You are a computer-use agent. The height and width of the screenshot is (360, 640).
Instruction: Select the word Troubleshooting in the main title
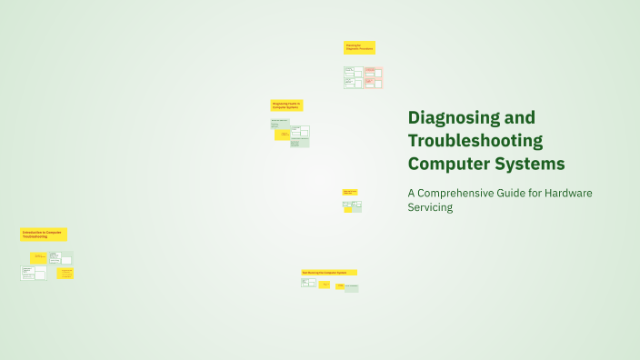click(475, 141)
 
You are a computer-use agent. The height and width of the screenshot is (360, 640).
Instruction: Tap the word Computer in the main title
click(445, 164)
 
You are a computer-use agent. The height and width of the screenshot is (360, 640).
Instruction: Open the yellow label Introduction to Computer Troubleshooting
click(44, 235)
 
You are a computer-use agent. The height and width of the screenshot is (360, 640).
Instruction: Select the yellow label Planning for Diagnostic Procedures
click(359, 47)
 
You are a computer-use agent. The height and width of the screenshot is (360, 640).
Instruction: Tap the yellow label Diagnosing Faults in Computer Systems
click(286, 105)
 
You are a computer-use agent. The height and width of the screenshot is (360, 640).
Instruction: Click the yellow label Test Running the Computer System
click(329, 272)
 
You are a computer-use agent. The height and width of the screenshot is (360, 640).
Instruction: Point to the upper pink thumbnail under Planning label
click(374, 72)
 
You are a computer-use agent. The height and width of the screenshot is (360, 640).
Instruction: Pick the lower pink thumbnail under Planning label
click(374, 83)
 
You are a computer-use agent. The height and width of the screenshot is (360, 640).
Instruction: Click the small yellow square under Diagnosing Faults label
click(283, 135)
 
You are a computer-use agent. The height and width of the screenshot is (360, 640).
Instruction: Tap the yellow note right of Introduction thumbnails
click(65, 273)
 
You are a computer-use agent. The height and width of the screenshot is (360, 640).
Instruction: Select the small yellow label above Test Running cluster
click(349, 192)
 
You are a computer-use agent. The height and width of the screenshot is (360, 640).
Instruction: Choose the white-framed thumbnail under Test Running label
click(308, 283)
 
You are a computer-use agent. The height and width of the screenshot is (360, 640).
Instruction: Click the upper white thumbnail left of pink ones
click(354, 72)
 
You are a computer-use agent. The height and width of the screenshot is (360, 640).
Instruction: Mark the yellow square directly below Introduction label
click(39, 257)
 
